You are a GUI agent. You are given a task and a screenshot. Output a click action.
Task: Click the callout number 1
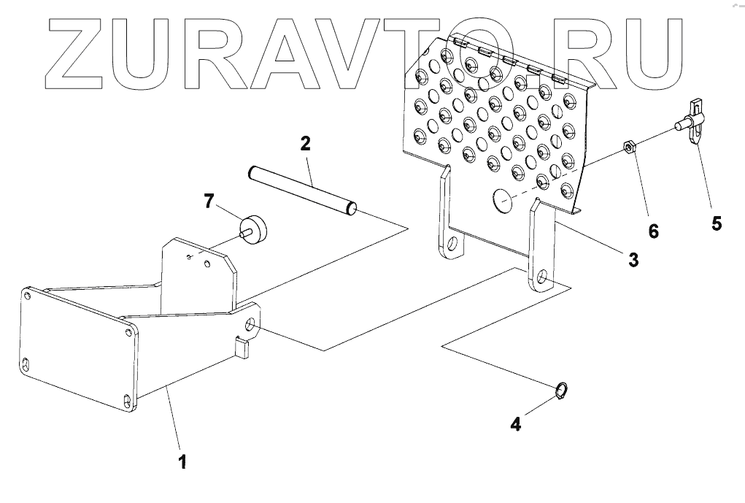pos(182,461)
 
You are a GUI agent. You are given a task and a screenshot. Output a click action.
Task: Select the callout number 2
pos(305,143)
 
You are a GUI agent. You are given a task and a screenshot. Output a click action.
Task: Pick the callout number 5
pos(717,223)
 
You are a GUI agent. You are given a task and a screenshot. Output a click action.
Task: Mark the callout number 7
pos(209,200)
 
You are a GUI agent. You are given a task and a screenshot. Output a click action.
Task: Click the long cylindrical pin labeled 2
pos(301,189)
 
